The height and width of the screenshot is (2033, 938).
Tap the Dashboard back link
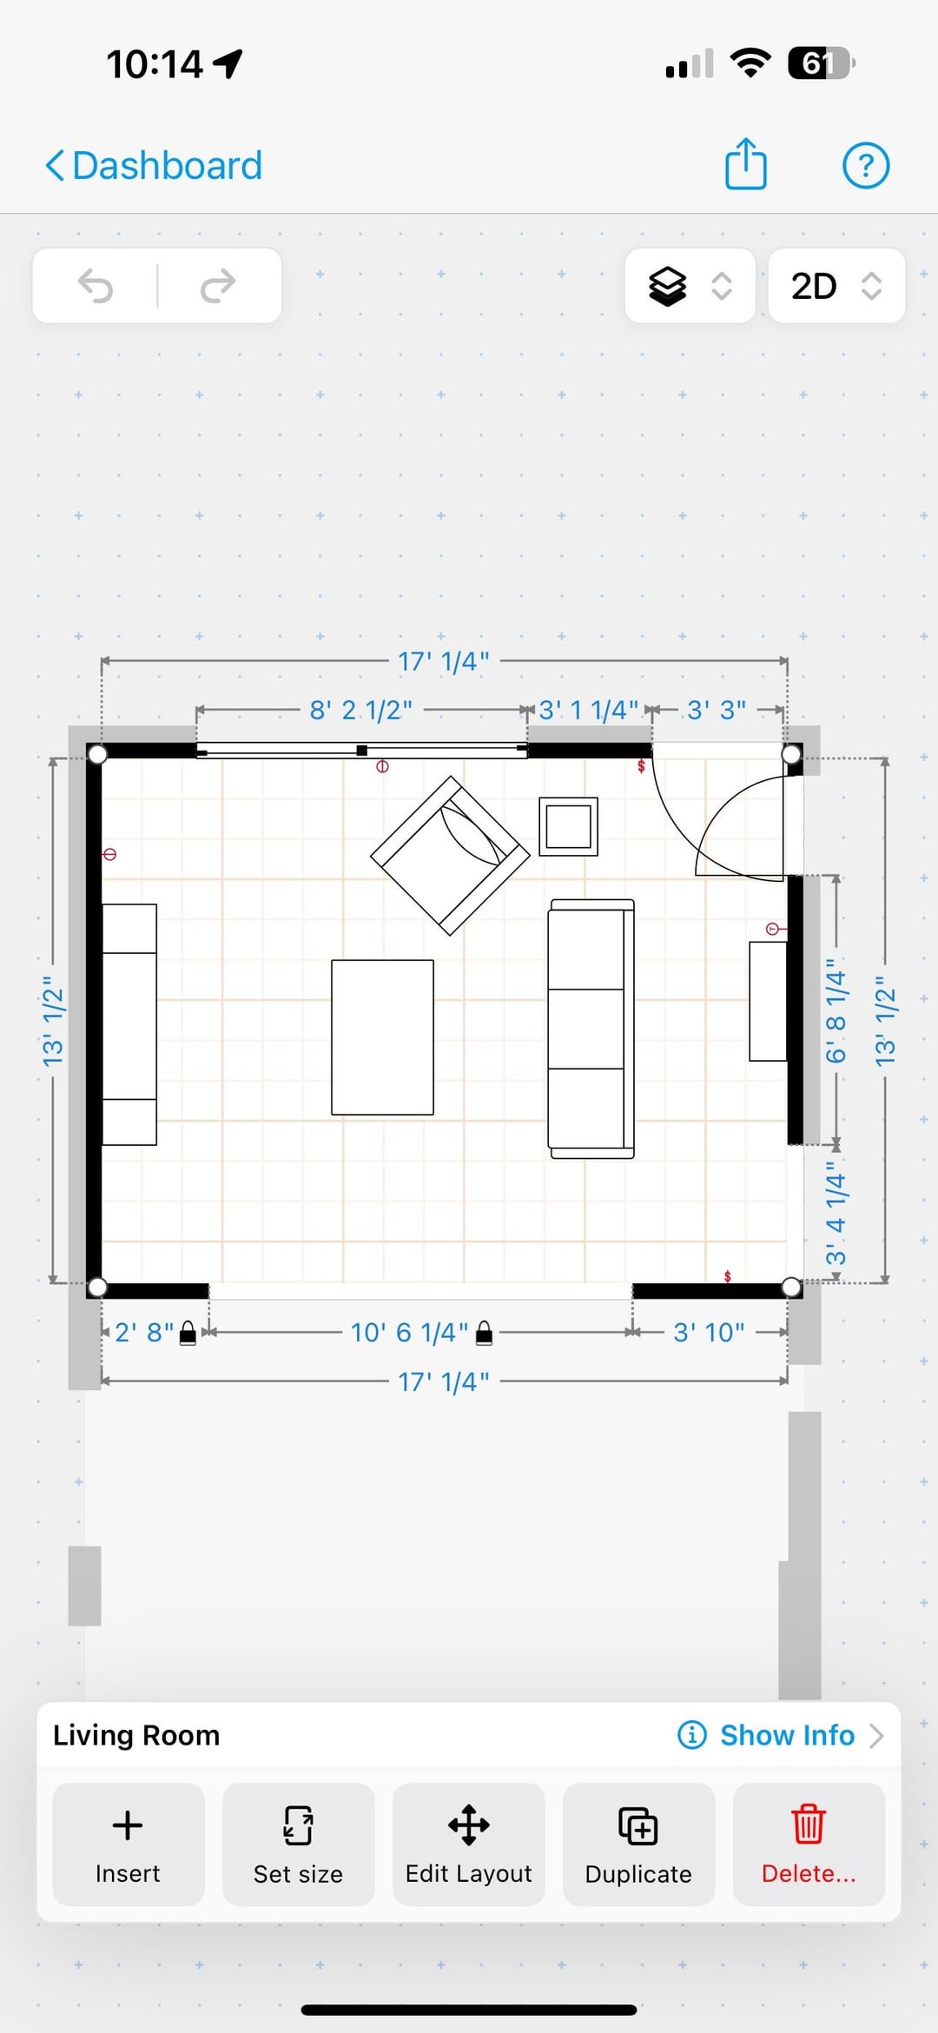(154, 165)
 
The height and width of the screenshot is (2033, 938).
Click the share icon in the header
(746, 163)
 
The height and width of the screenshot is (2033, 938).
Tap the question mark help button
(866, 165)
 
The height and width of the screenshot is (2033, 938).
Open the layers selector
(690, 286)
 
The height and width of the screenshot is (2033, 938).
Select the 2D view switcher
(836, 286)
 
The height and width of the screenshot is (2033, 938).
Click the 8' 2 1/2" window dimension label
(361, 710)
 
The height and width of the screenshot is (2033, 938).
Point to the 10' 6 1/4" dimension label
(409, 1332)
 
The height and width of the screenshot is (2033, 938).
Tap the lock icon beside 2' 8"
(188, 1334)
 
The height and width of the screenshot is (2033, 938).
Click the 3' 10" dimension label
(709, 1332)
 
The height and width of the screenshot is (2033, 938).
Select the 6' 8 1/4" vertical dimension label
(835, 1010)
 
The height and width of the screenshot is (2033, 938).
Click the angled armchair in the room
(450, 855)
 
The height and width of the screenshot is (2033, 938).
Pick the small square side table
(568, 826)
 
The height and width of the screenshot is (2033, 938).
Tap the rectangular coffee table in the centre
(382, 1036)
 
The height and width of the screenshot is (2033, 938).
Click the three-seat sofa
(591, 1029)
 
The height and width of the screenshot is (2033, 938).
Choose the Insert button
(129, 1844)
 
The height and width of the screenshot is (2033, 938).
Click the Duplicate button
(638, 1844)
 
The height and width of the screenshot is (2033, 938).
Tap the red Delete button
(809, 1844)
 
